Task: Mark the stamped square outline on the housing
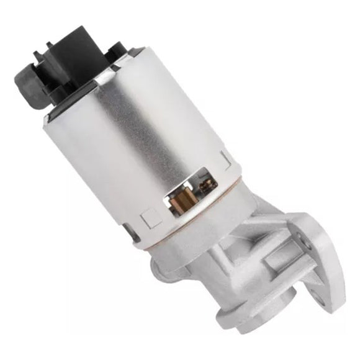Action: (x=151, y=219)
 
